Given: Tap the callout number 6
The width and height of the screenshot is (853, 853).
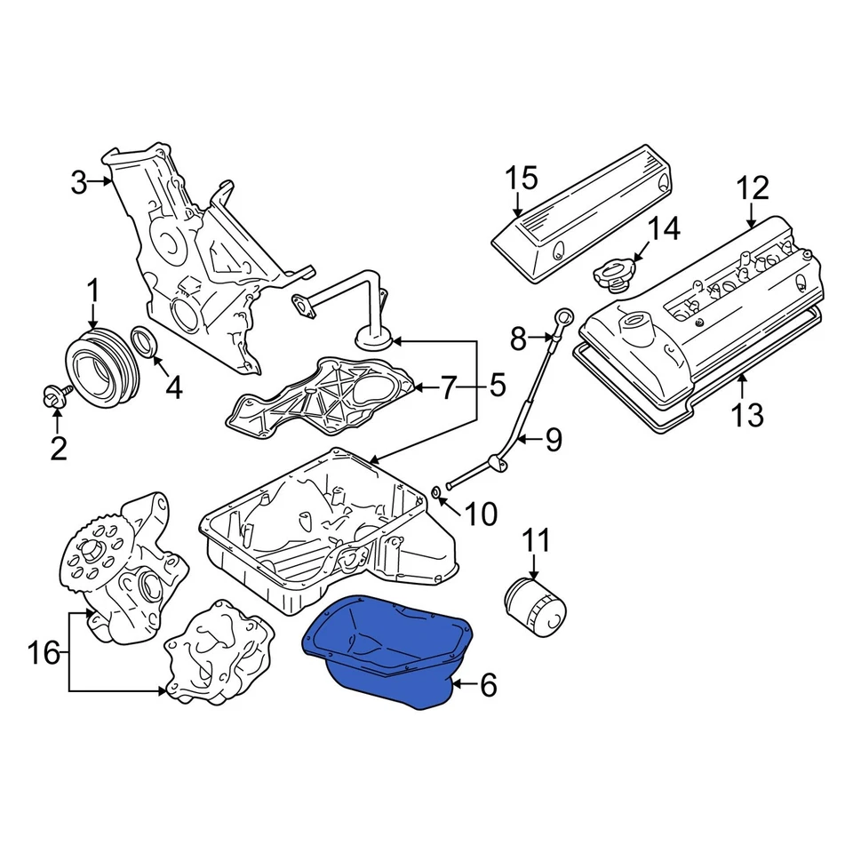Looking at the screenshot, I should [x=488, y=685].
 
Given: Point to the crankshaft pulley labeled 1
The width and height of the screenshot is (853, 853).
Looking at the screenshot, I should [x=98, y=365].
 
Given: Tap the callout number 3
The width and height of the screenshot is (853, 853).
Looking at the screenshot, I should [x=80, y=183].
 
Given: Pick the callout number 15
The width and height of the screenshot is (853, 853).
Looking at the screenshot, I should [x=522, y=178].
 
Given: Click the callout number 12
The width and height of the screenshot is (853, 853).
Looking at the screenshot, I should [x=752, y=188].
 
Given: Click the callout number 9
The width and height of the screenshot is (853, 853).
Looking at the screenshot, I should [x=554, y=439].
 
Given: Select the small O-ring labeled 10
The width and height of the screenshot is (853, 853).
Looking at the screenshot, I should [x=436, y=494].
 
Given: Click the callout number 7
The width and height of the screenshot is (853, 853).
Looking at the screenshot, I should [x=448, y=387].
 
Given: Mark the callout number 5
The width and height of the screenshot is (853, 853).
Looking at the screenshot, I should [x=495, y=387].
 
